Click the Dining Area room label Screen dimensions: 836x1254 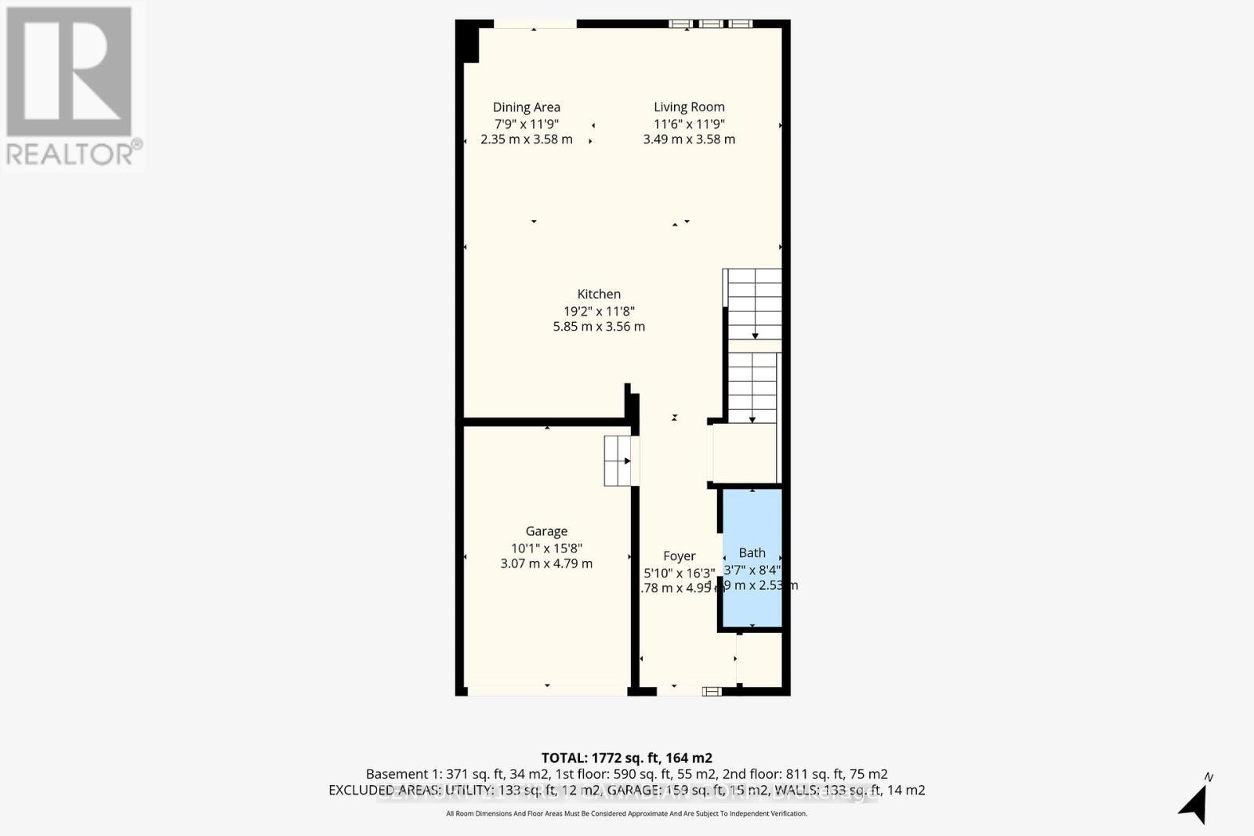[x=526, y=107]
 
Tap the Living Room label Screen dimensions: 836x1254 [x=689, y=107]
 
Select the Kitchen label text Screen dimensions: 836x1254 [x=599, y=294]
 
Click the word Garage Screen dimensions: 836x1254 [x=546, y=531]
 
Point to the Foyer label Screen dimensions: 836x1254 [x=679, y=556]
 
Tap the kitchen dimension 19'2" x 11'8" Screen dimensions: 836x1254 [x=599, y=310]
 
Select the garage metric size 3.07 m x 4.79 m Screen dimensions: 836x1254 [x=546, y=563]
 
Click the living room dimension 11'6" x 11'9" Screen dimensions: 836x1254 [x=689, y=124]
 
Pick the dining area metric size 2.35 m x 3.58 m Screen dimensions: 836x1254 [x=526, y=139]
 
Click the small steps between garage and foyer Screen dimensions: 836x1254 [x=618, y=461]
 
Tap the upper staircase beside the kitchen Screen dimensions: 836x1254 [x=754, y=304]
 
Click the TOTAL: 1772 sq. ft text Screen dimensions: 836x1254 [x=626, y=758]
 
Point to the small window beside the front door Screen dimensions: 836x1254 [x=712, y=691]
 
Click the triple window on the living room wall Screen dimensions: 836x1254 [x=710, y=24]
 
